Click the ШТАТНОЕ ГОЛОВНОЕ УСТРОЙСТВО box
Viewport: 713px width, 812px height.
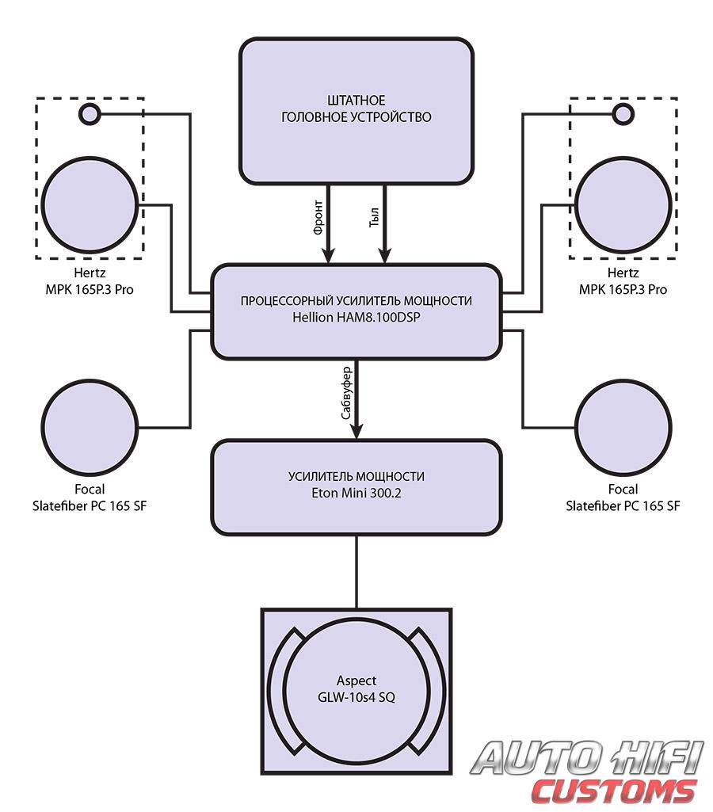(356, 111)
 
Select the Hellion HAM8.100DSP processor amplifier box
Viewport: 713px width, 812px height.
(356, 311)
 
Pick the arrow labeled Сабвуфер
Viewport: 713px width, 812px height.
(356, 400)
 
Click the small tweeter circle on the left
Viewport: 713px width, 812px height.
(89, 115)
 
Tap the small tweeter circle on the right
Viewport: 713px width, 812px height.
(623, 115)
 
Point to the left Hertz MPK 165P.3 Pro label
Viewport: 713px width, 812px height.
(89, 281)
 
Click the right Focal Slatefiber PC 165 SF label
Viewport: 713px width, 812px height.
(623, 497)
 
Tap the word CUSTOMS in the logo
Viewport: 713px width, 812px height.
(614, 791)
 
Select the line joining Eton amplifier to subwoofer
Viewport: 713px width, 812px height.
(356, 570)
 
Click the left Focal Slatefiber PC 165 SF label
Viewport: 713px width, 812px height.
(89, 497)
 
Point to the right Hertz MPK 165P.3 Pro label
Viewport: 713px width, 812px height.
(623, 281)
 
